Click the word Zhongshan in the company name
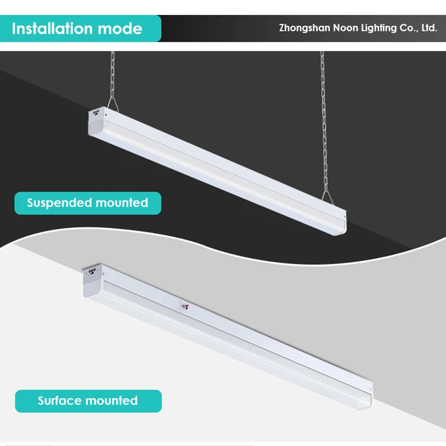pos(304,28)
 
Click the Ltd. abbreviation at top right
pos(429,28)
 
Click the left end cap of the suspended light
pos(95,123)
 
